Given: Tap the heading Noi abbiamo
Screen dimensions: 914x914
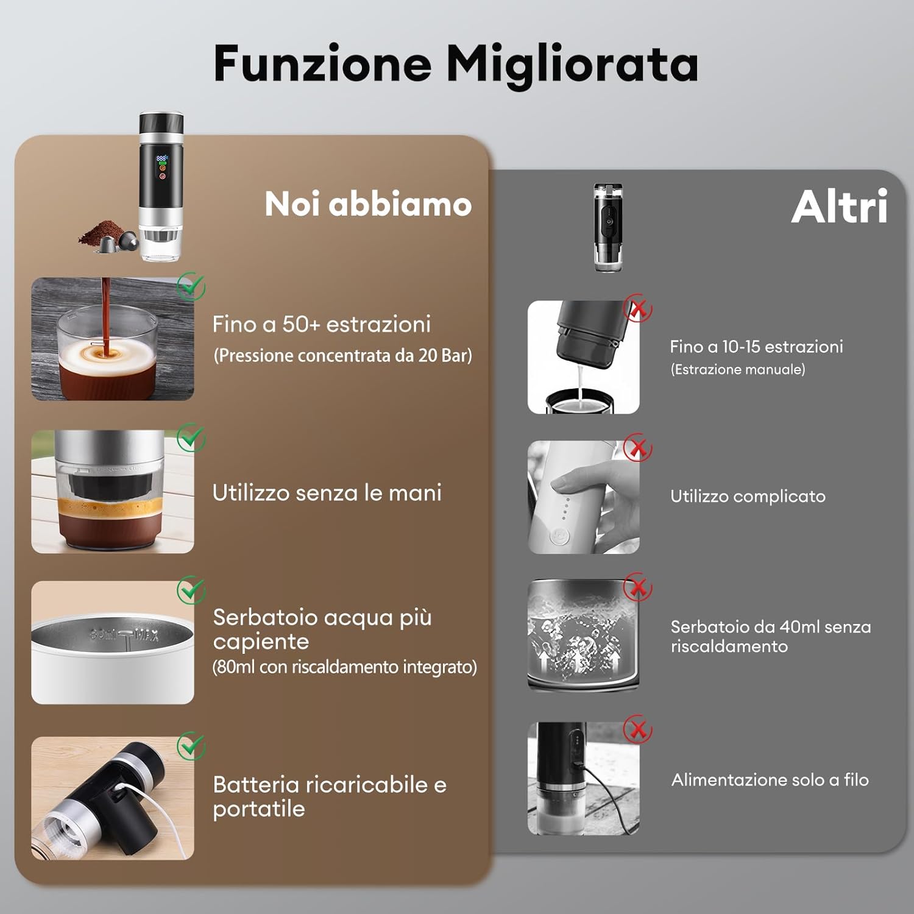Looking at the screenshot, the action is (368, 204).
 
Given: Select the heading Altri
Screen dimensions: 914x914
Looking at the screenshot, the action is (839, 206).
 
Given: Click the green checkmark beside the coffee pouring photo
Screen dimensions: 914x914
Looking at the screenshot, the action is (191, 286).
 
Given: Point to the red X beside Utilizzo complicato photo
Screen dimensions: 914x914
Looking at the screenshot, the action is (638, 448).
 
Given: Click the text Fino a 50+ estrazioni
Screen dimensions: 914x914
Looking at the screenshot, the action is (321, 324).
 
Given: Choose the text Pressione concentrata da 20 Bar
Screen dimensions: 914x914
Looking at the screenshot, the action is (343, 355).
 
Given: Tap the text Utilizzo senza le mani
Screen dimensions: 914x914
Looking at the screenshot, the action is (327, 492).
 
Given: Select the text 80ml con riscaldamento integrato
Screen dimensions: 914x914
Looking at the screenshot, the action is (344, 667).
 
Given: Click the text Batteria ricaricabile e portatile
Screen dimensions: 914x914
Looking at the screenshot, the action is (330, 796).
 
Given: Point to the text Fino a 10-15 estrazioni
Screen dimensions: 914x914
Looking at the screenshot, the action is (756, 347).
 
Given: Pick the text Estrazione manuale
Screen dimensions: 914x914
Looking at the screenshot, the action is (738, 369).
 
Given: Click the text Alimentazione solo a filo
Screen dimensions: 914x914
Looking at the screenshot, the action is (770, 780).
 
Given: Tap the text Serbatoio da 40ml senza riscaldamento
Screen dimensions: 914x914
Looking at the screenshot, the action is (771, 636).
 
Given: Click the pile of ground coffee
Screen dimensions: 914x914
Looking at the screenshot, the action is (102, 232).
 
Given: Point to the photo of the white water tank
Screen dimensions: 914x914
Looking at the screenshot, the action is (113, 642).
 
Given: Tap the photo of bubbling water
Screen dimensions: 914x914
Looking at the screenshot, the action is (583, 636).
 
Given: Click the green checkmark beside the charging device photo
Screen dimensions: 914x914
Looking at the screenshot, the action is (191, 746).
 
